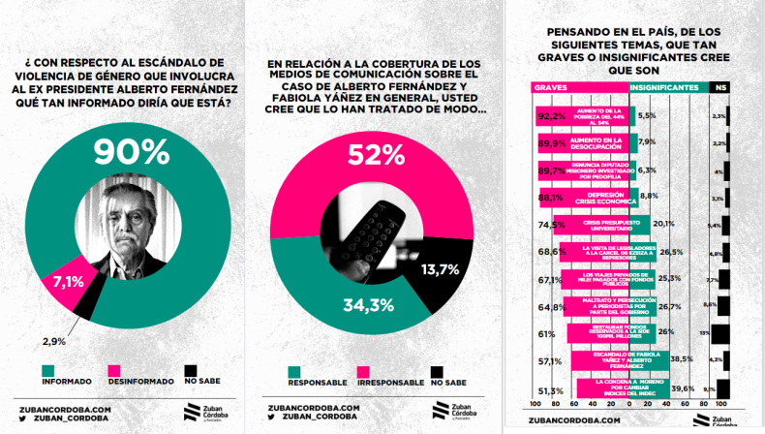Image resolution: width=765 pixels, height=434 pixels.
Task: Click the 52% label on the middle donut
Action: pyautogui.click(x=378, y=154)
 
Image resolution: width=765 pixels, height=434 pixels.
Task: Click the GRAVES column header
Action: pyautogui.click(x=550, y=87)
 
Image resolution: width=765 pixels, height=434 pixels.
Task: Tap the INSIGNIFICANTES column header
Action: pyautogui.click(x=665, y=87)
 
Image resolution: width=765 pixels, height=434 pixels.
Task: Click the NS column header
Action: pyautogui.click(x=719, y=87)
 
